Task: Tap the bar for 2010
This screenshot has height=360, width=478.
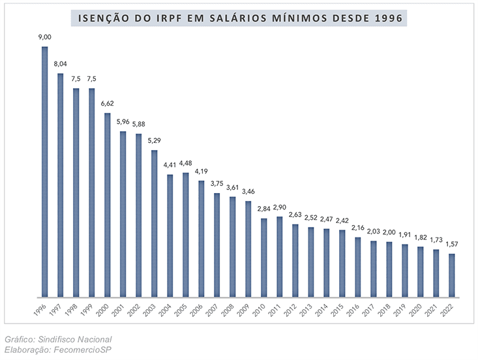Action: (264, 257)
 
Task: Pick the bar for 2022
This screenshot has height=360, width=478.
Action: (452, 275)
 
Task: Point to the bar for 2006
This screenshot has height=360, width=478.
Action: (202, 238)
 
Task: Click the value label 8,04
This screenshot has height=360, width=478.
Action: (60, 64)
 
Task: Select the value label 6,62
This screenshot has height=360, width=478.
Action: (108, 104)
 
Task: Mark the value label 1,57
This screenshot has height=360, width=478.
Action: (452, 244)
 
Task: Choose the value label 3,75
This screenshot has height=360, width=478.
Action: (217, 184)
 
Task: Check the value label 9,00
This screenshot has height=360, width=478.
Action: (45, 37)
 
